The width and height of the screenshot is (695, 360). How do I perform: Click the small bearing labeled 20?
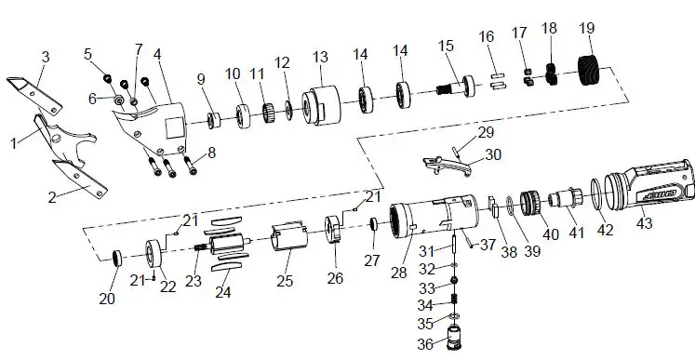tap(118, 258)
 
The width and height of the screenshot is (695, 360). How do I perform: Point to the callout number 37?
tap(488, 246)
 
